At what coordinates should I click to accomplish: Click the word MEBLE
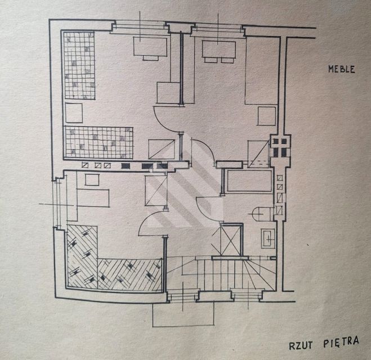coord(342,69)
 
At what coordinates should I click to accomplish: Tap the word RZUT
coord(301,346)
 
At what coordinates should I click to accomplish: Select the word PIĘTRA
coord(341,342)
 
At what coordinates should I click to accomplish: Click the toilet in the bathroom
coord(261,214)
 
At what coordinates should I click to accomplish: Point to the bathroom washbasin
coord(268,238)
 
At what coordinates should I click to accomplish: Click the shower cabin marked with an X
coord(231,240)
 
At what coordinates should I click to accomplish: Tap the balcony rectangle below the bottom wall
coord(184,314)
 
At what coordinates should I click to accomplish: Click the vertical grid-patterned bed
coord(80,65)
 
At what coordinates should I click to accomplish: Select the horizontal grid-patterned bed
coord(99,142)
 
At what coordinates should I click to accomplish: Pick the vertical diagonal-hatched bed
coord(82,257)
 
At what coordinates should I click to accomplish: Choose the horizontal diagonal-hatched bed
coord(130,274)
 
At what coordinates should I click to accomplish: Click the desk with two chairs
coord(219,51)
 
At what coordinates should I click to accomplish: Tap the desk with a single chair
coord(150,48)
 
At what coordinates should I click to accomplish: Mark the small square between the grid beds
coord(74,112)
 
